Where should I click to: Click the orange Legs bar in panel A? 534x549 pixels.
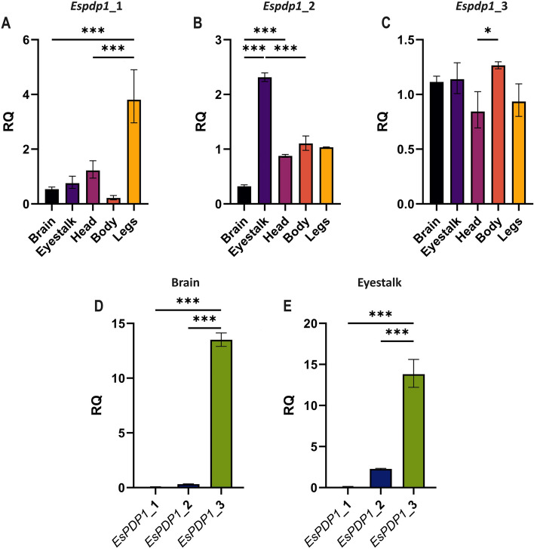point(134,152)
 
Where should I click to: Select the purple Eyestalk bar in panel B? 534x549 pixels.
point(265,140)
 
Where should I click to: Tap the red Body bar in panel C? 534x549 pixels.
point(498,134)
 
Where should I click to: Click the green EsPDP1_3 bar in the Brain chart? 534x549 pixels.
point(221,414)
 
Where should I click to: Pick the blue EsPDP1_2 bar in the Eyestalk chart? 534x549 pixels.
point(381,478)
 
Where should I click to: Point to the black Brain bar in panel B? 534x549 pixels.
point(244,195)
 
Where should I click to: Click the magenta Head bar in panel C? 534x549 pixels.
point(477,158)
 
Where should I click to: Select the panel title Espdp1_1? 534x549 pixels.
point(97,6)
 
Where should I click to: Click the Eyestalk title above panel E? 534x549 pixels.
point(379,282)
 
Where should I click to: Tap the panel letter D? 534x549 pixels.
point(99,306)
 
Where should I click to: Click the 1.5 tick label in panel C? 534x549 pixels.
point(406,40)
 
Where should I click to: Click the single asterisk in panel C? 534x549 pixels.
point(488,31)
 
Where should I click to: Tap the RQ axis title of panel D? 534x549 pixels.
point(97,405)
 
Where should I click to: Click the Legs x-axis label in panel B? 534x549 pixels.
point(318,229)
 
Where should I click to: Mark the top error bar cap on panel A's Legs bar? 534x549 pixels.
point(134,70)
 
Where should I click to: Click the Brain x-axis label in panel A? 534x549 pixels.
point(42,230)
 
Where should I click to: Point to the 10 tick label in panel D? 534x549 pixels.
point(118,378)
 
